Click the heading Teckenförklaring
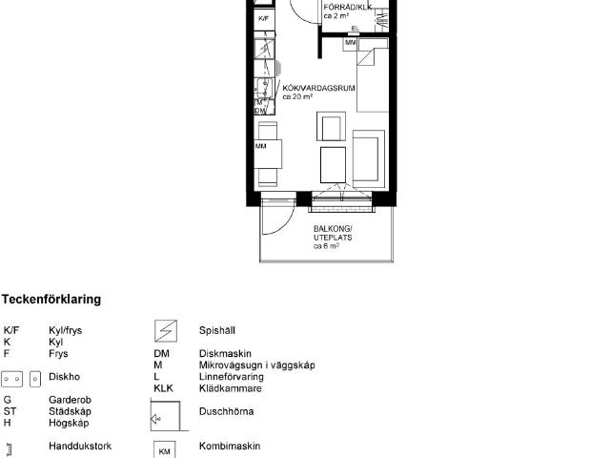51,300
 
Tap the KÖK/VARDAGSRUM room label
318,88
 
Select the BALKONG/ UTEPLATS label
333,233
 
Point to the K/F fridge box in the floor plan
264,18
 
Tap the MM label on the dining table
260,146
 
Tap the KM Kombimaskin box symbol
164,448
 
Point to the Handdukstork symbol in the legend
9,447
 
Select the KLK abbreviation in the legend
163,388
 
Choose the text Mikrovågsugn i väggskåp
256,364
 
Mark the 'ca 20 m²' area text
298,97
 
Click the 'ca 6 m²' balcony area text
327,246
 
